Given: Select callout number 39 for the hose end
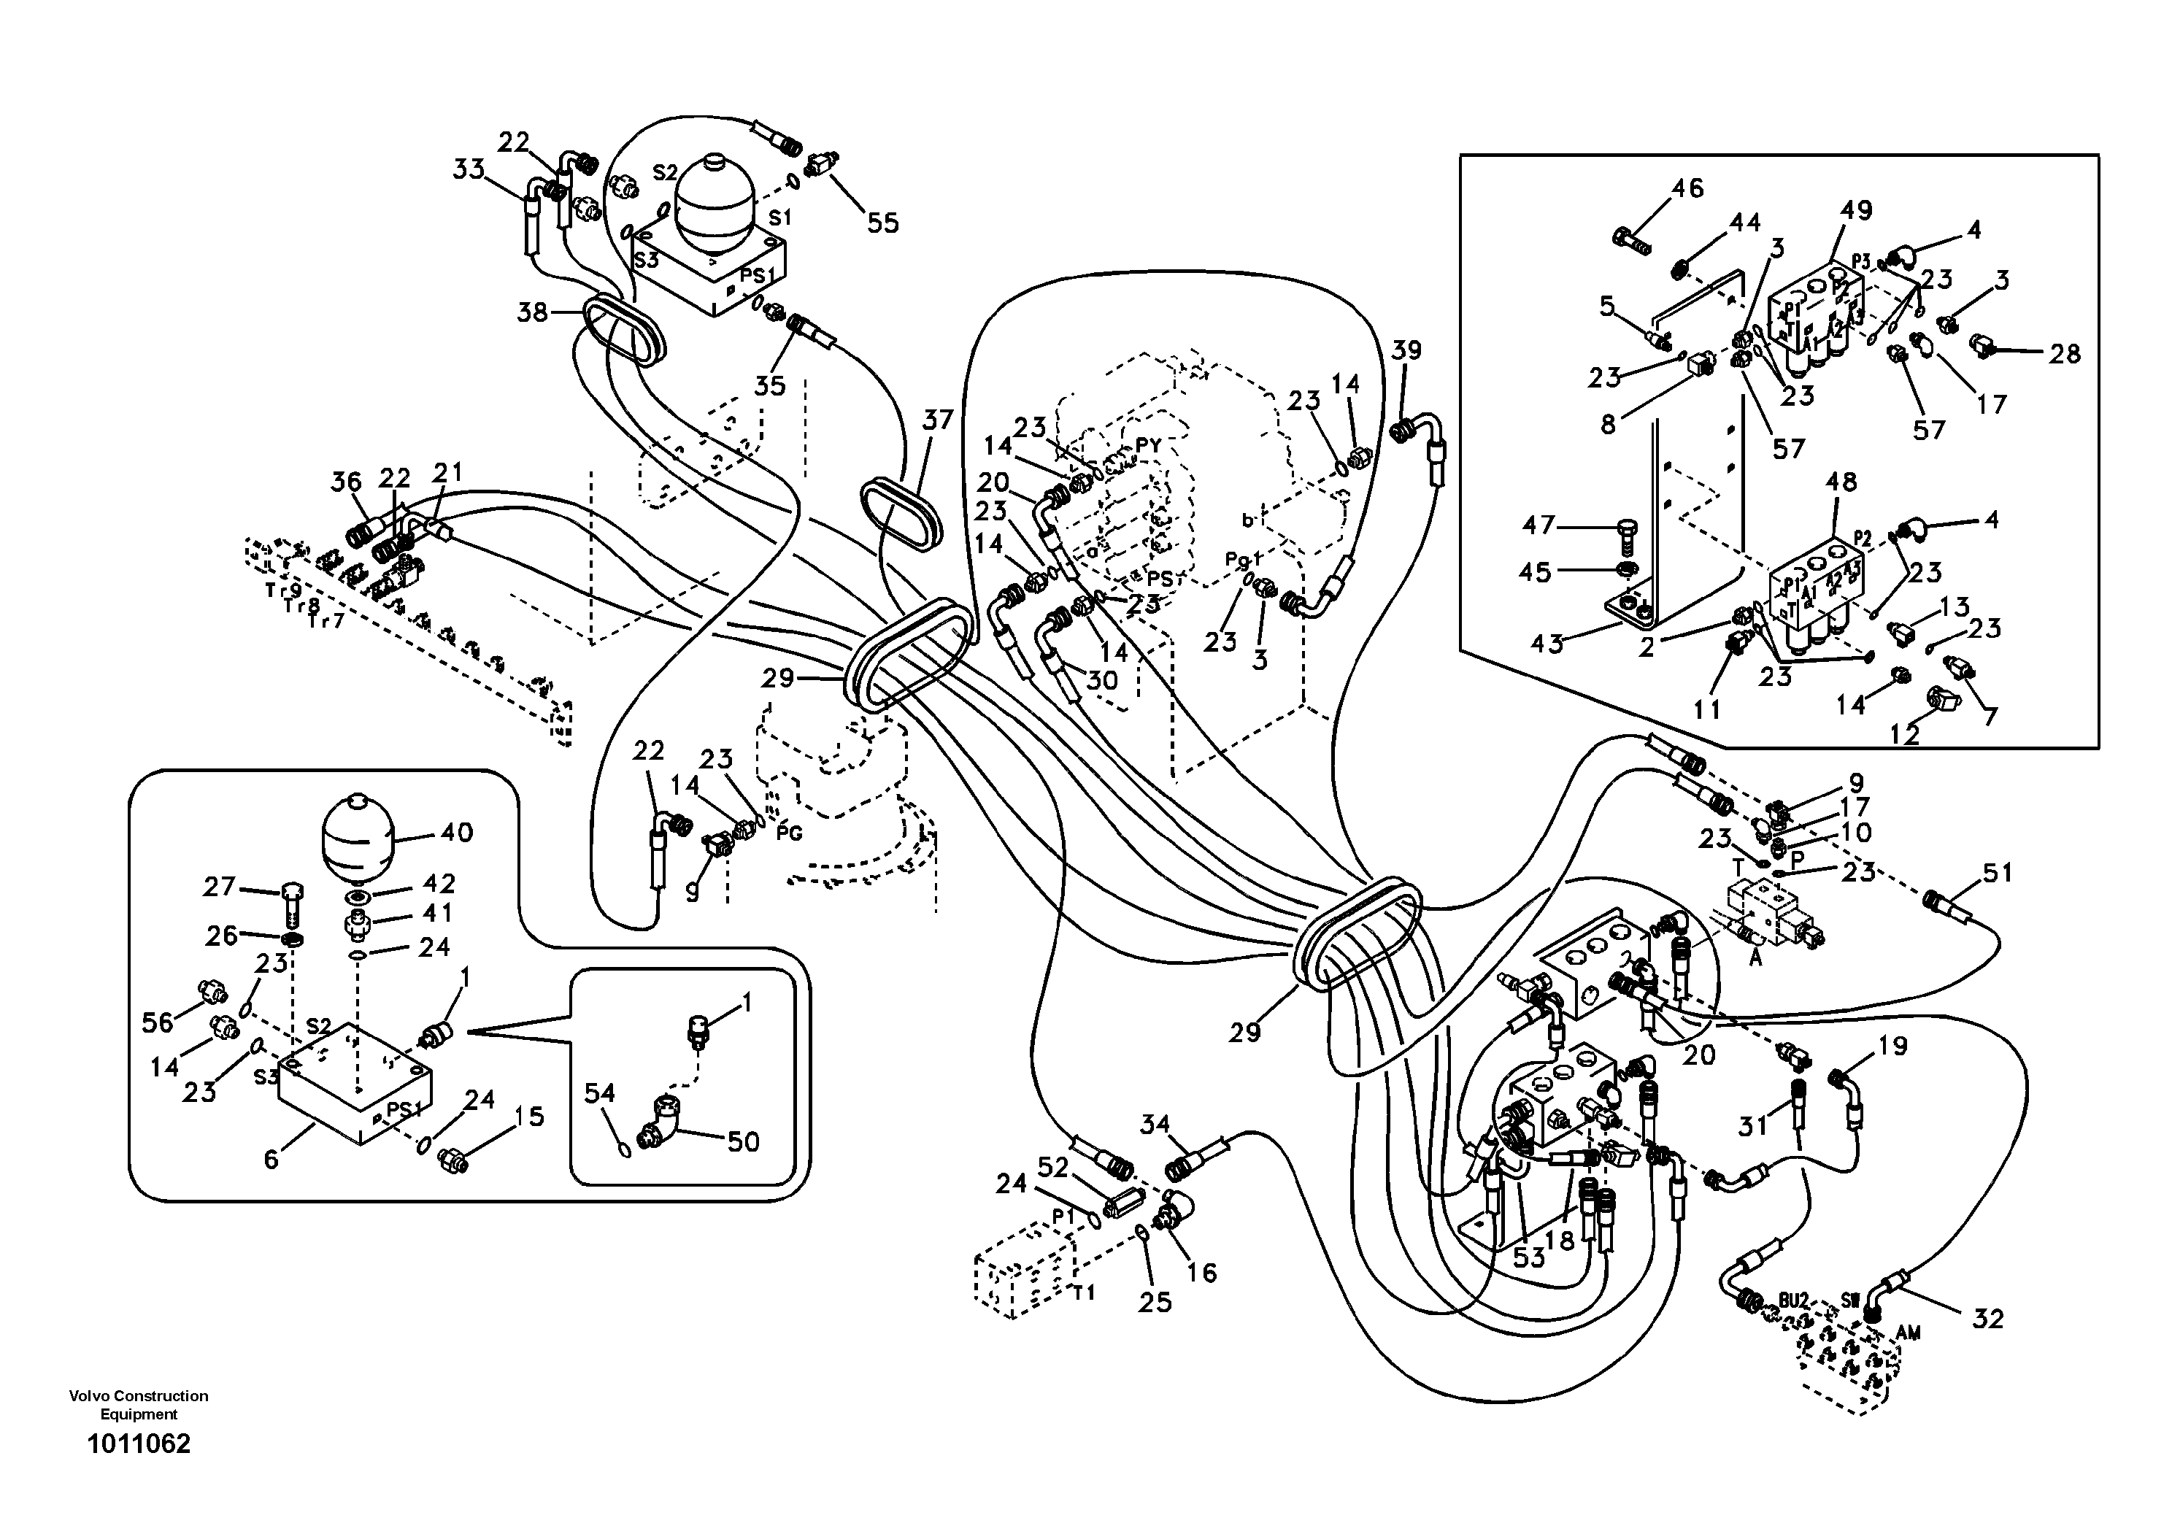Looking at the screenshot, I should pyautogui.click(x=1406, y=350).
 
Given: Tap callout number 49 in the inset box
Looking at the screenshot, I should pyautogui.click(x=1856, y=210).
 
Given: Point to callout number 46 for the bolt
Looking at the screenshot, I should pyautogui.click(x=1687, y=188).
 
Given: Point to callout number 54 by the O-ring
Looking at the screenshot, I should pyautogui.click(x=598, y=1093).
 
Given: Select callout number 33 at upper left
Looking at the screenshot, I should pyautogui.click(x=469, y=170).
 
